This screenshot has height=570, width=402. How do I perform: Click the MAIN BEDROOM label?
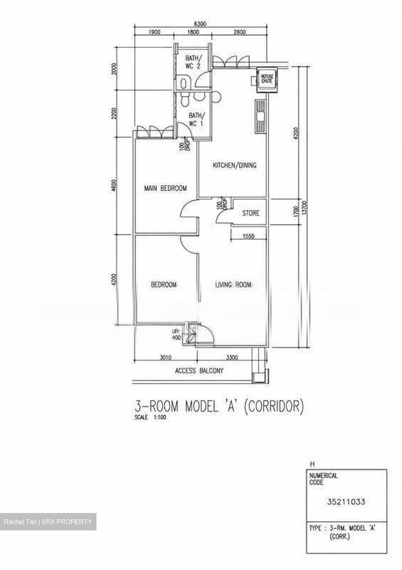(165, 188)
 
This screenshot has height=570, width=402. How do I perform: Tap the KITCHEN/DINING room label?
(234, 165)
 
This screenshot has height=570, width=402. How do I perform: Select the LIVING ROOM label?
(233, 285)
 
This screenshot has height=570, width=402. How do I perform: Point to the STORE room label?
(251, 213)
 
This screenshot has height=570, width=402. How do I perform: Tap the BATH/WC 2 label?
(193, 62)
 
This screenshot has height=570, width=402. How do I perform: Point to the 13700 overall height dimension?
(305, 208)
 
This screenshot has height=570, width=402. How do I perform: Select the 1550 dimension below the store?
(248, 236)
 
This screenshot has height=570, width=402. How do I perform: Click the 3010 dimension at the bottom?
(165, 357)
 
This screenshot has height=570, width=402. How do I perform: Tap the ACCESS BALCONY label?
(199, 371)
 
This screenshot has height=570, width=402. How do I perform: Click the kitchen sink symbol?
(260, 116)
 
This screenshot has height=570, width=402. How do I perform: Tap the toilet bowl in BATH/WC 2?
(183, 83)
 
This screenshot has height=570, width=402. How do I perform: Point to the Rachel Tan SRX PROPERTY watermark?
(48, 522)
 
